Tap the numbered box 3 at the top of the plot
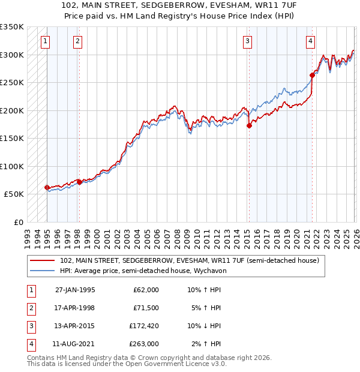click(x=247, y=41)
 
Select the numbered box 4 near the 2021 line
click(x=310, y=41)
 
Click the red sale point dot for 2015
click(x=249, y=125)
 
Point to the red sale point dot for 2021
click(x=312, y=75)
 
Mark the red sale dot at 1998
click(x=79, y=182)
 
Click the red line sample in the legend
click(x=43, y=260)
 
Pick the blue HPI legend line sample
click(x=43, y=271)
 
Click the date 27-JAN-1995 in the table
click(x=75, y=290)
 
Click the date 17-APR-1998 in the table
click(x=75, y=308)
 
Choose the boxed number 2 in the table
click(x=31, y=308)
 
